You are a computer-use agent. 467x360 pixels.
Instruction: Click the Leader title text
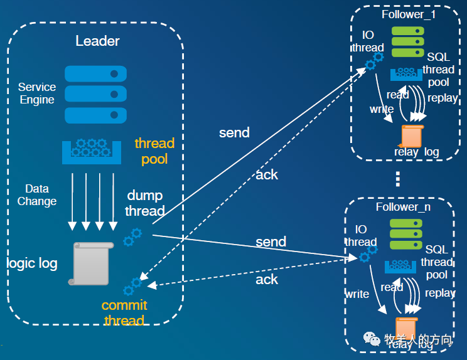tap(97, 41)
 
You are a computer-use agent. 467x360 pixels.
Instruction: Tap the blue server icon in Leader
tap(92, 94)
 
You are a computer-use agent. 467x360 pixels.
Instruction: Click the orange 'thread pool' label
tap(154, 151)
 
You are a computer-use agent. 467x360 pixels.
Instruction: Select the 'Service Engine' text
tap(37, 93)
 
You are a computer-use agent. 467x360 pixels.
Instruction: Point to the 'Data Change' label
tap(36, 195)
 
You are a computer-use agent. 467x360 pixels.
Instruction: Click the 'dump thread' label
tap(146, 203)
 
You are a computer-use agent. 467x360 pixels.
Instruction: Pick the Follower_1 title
tap(408, 14)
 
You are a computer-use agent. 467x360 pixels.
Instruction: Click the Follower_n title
tap(403, 207)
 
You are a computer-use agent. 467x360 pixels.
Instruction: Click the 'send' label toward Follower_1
tap(234, 133)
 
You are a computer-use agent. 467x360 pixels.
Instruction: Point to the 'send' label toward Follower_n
tap(271, 242)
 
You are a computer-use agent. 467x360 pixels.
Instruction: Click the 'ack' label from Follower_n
tap(267, 280)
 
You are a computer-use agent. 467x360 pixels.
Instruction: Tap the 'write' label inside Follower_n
tap(357, 294)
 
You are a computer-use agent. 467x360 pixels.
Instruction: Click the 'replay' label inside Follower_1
tap(442, 98)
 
